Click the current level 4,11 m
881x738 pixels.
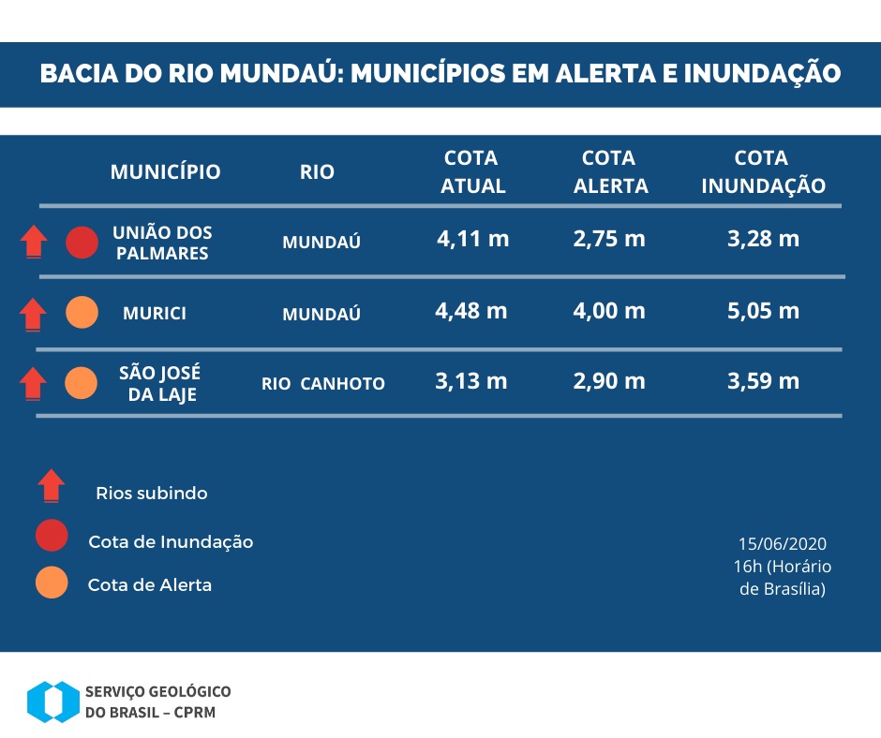click(x=472, y=239)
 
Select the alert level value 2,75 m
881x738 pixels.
click(x=608, y=239)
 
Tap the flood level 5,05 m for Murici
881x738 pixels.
click(x=763, y=311)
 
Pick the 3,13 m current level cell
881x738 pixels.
click(x=471, y=381)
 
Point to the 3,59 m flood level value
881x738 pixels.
click(x=763, y=381)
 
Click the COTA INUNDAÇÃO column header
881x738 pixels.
click(x=763, y=172)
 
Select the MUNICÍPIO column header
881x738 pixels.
click(x=165, y=172)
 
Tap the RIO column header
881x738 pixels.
click(x=317, y=173)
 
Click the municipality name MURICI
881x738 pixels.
click(x=155, y=314)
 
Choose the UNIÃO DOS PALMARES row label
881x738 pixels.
click(x=162, y=243)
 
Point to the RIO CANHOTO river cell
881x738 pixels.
click(x=322, y=384)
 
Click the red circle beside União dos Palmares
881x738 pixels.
click(x=82, y=243)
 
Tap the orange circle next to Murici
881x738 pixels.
click(x=82, y=313)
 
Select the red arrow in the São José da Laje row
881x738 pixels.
click(x=34, y=383)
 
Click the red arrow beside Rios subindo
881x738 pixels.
click(x=51, y=485)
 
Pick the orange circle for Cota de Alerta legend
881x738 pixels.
click(x=52, y=583)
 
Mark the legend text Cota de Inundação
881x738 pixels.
click(x=171, y=542)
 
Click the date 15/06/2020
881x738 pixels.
click(x=783, y=544)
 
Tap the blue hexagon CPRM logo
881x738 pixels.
click(x=52, y=701)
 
